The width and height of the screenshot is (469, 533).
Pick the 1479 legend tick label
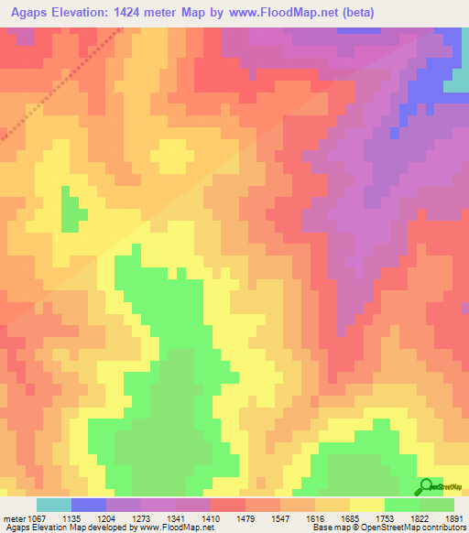click(245, 517)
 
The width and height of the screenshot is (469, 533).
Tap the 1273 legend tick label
click(141, 517)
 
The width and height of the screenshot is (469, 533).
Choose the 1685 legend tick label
click(350, 517)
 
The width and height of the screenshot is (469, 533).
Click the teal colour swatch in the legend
click(53, 505)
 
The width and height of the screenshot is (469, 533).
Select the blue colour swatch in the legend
click(88, 505)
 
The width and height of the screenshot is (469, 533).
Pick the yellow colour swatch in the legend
click(366, 505)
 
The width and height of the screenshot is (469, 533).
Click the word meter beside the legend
click(11, 517)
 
